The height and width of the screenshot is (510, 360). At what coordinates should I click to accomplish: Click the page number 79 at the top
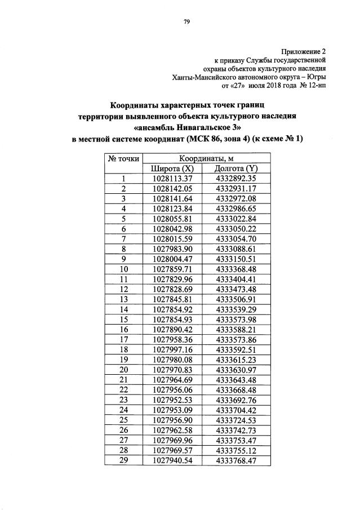[186, 22]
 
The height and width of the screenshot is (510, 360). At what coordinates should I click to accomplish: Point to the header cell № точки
[123, 158]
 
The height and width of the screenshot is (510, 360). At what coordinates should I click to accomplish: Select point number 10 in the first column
[123, 269]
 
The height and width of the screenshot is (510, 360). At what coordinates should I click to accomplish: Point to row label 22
[123, 389]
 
